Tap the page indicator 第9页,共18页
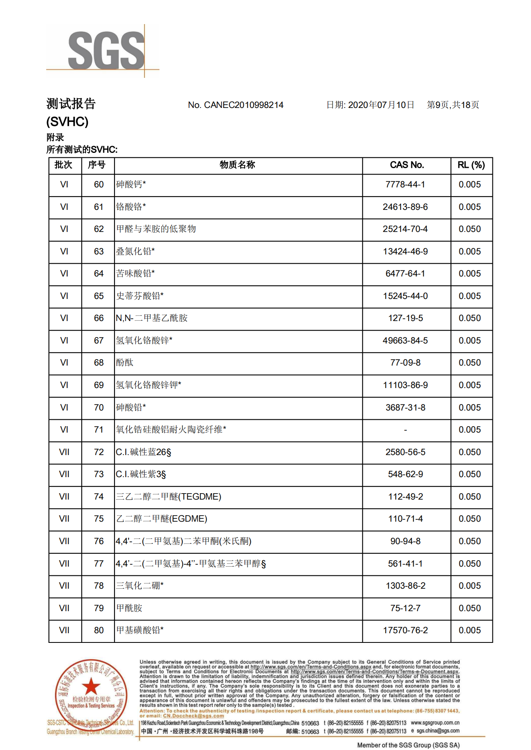click(453, 105)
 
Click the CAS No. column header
click(406, 165)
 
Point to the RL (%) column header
click(471, 165)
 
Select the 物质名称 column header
click(237, 165)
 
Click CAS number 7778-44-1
click(405, 185)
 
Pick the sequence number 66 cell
click(99, 318)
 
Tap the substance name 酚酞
click(125, 363)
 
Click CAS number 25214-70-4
click(405, 229)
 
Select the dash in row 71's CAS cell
click(405, 430)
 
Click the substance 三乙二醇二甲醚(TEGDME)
click(168, 497)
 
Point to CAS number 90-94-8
click(405, 541)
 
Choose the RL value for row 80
click(470, 630)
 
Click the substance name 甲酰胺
click(129, 608)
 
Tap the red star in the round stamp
click(91, 686)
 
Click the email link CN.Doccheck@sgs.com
click(193, 716)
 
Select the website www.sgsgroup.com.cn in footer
click(435, 723)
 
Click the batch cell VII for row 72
click(64, 452)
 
